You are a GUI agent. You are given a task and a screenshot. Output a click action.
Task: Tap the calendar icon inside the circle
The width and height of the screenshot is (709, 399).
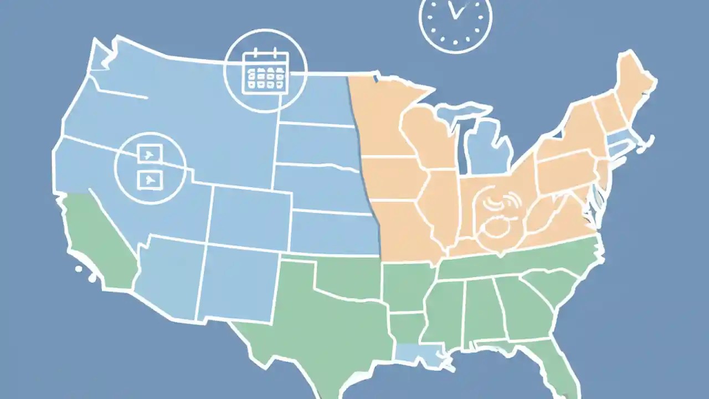[266, 73]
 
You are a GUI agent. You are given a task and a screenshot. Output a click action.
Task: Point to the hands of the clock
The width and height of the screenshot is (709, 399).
[456, 11]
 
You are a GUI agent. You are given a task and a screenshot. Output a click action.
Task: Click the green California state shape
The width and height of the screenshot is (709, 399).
[100, 238]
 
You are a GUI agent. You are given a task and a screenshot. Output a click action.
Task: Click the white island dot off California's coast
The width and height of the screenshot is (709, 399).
[79, 269]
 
